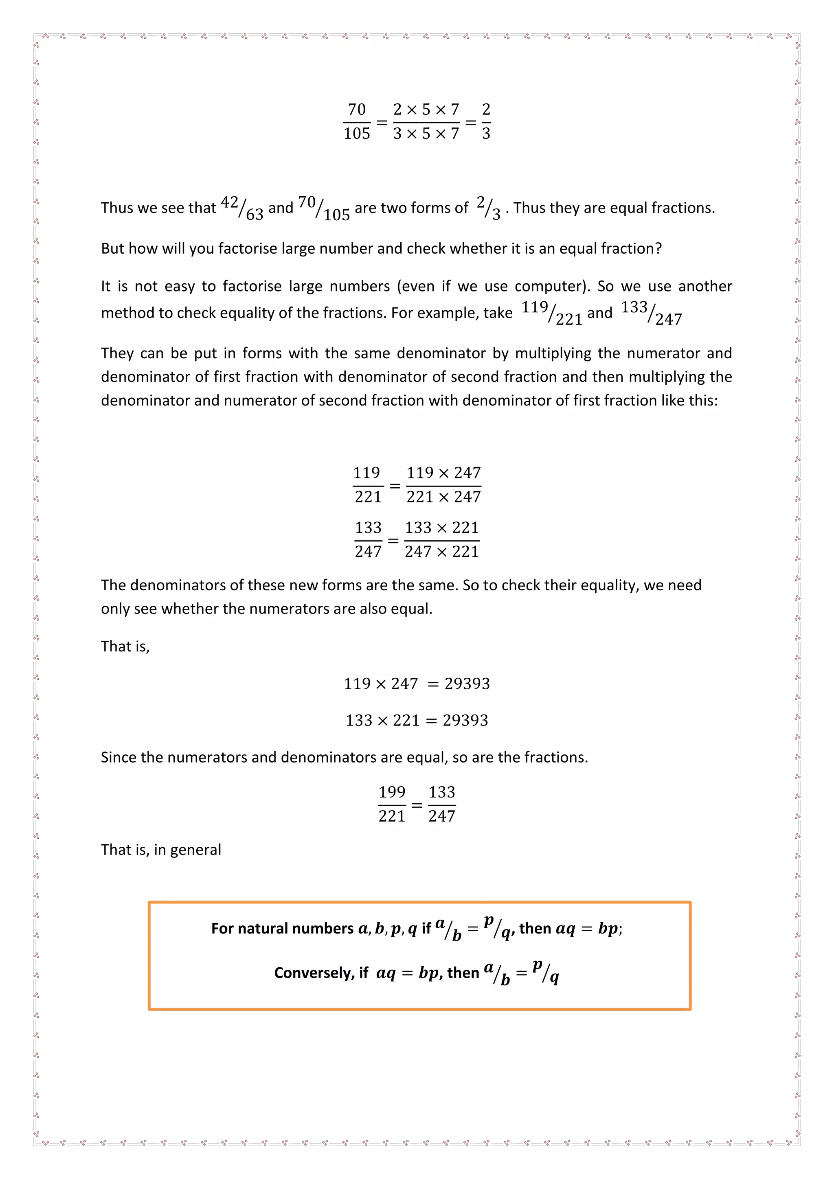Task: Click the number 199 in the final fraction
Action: (392, 792)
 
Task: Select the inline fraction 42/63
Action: (242, 208)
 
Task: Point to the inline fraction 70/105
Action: (323, 208)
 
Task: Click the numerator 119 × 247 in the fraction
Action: (444, 472)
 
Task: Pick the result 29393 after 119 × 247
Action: (467, 684)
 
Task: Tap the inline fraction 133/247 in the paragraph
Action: (651, 313)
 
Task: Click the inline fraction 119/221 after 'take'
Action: (551, 313)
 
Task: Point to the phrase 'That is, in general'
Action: (161, 850)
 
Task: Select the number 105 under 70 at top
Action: (356, 134)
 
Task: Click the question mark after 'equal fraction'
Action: (658, 248)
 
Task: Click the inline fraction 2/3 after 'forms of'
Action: (488, 208)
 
